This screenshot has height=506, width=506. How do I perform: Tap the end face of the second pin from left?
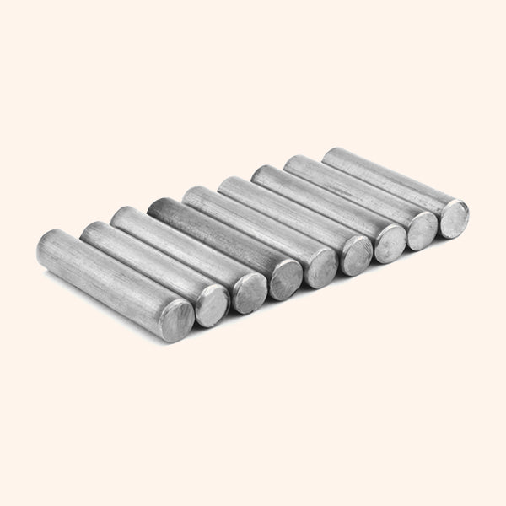[212, 304]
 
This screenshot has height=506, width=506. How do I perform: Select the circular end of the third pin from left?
[249, 291]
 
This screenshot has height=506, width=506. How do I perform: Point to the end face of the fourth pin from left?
[285, 279]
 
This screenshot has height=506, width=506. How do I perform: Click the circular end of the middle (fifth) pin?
[321, 267]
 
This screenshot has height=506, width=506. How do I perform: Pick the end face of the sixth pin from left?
[356, 255]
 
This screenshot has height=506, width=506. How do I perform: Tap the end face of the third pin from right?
[390, 243]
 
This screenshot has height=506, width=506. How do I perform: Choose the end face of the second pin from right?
[422, 230]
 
